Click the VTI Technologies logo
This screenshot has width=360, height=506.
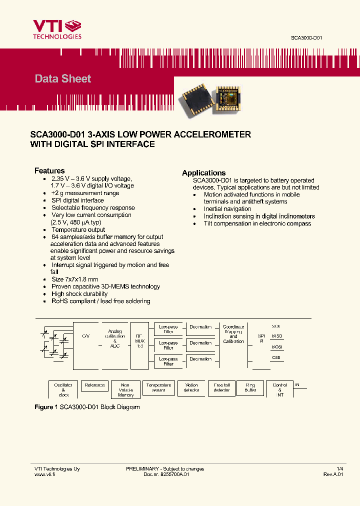[x=57, y=29]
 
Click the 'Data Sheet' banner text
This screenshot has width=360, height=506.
[x=63, y=78]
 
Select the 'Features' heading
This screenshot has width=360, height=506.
[x=49, y=170]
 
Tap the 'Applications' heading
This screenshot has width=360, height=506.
[x=203, y=172]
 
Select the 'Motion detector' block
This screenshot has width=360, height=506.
[x=191, y=387]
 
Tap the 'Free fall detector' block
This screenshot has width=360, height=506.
[x=221, y=387]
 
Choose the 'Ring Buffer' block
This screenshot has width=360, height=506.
[x=250, y=387]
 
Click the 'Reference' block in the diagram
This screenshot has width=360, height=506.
[x=94, y=385]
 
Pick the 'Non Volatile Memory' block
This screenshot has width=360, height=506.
[x=126, y=390]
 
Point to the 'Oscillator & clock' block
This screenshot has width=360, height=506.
[x=63, y=390]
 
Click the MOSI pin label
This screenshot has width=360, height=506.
[x=276, y=346]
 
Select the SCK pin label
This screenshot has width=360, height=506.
[x=276, y=326]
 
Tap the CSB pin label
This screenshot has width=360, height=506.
[x=276, y=358]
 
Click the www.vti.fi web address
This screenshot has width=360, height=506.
[x=44, y=474]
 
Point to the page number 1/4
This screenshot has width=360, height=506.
[x=340, y=468]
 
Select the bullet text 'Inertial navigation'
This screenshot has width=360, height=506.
[x=227, y=209]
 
